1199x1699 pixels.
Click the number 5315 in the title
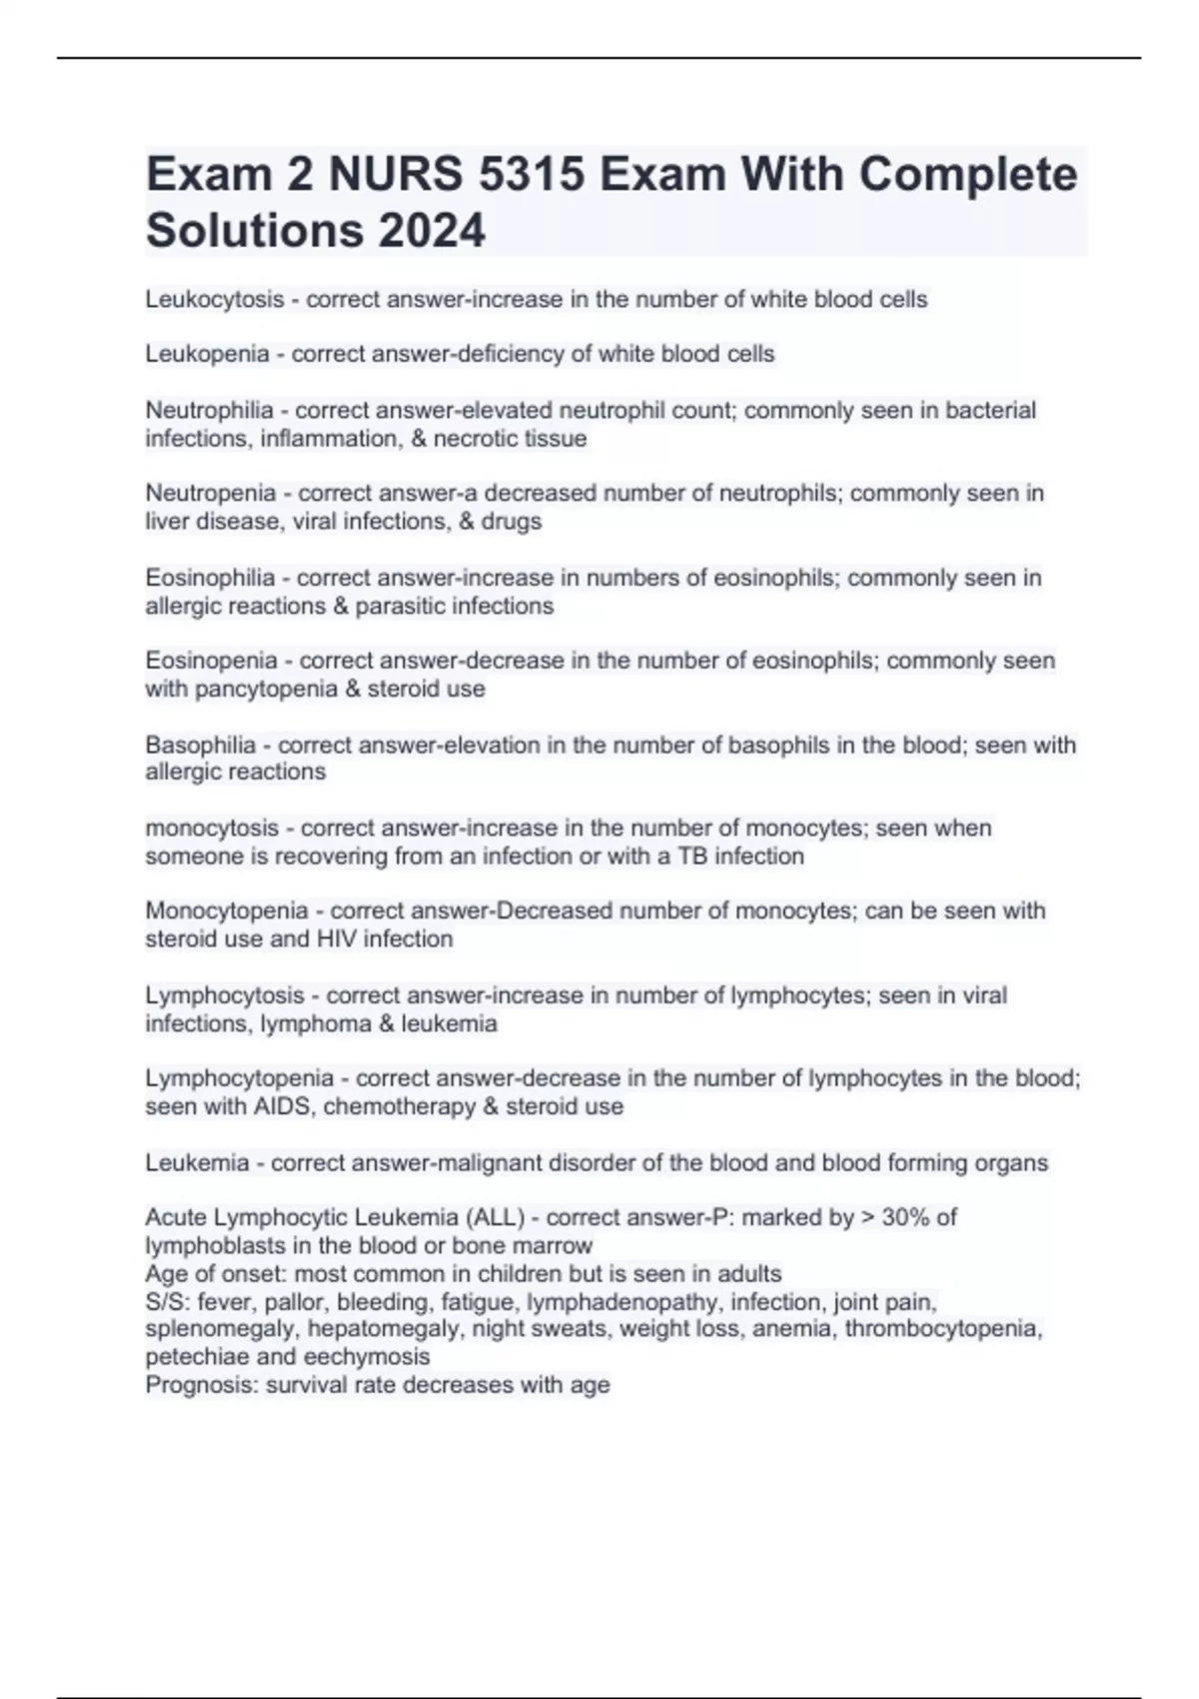point(532,175)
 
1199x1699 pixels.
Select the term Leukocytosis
point(214,300)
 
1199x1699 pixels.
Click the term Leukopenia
point(207,354)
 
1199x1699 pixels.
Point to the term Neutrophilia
point(209,411)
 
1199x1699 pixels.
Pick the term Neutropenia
point(210,494)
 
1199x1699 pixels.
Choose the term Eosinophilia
point(210,579)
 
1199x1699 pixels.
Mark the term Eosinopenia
point(211,661)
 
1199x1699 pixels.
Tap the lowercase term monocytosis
point(212,829)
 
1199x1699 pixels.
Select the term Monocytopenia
point(227,911)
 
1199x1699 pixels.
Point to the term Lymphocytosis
point(225,996)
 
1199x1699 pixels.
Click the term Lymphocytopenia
point(239,1079)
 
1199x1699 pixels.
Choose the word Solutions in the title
point(254,230)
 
